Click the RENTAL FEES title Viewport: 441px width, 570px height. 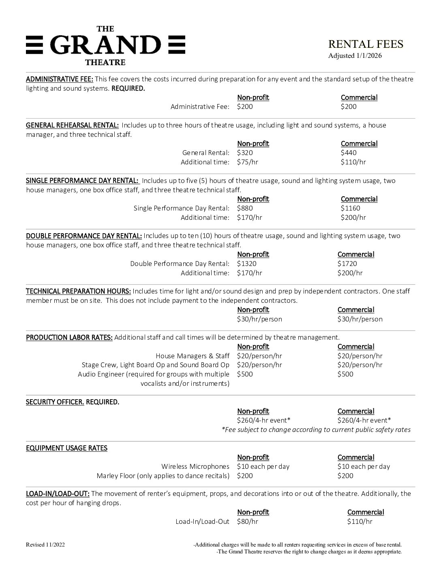click(366, 44)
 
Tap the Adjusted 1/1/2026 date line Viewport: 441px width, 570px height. click(355, 56)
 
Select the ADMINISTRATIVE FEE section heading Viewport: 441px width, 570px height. click(60, 79)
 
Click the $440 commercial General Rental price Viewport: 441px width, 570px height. click(349, 153)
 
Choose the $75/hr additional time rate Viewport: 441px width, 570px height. click(248, 162)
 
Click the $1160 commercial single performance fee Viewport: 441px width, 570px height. click(350, 208)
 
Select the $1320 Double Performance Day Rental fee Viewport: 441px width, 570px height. click(246, 264)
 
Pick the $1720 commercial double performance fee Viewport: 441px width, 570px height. click(347, 264)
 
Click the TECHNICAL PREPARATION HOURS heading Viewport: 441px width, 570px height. click(78, 291)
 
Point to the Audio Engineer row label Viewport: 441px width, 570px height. click(154, 374)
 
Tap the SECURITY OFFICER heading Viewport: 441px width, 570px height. click(55, 402)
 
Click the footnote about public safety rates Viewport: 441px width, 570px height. click(316, 430)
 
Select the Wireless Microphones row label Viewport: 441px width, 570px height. click(195, 466)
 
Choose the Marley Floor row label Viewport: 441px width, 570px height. click(163, 476)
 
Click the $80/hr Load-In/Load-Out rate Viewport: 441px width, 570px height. click(248, 521)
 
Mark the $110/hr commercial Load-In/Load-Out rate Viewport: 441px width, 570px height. click(360, 521)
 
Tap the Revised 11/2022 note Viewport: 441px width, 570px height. click(45, 544)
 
